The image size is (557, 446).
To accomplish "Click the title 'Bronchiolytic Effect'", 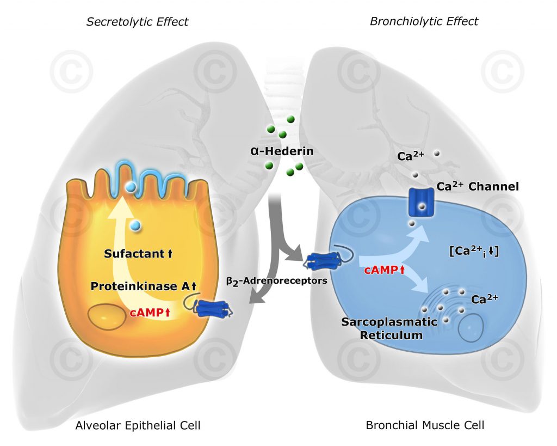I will coord(424,22).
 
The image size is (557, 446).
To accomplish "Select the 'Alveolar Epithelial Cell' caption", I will coord(138,425).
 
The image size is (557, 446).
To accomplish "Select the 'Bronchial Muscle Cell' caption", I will coord(425,425).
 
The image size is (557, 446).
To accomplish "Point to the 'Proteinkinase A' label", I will coord(143,286).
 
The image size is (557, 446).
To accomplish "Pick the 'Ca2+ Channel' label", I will coord(478,187).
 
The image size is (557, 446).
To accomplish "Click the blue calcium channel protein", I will coord(421,203).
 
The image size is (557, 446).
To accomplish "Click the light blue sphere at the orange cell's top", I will coord(131,187).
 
